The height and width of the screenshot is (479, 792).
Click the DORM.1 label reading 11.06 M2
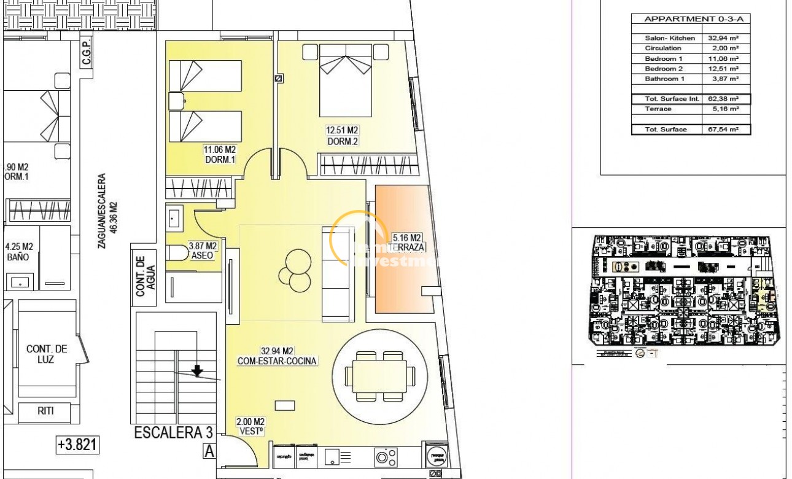[x=220, y=154]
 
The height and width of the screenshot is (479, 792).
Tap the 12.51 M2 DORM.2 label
[x=343, y=135]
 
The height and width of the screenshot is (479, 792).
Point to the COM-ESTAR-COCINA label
[x=277, y=356]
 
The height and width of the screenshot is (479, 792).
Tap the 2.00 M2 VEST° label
[x=250, y=426]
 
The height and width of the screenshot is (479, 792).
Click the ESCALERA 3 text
[x=169, y=434]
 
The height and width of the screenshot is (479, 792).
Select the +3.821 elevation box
[x=77, y=445]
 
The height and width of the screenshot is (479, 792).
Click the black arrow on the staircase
[x=197, y=370]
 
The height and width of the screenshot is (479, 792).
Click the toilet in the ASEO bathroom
[x=179, y=252]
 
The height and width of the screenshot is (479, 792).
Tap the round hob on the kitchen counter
[x=386, y=457]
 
